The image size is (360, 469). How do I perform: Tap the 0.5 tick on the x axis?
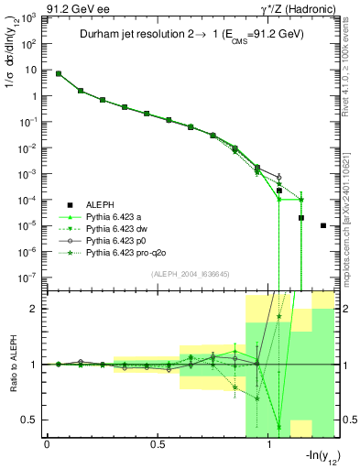tap(157, 446)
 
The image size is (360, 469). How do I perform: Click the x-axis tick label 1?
tap(268, 446)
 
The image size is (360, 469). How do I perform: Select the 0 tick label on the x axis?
tap(46, 446)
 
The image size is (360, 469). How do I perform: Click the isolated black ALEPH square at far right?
tap(323, 225)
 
